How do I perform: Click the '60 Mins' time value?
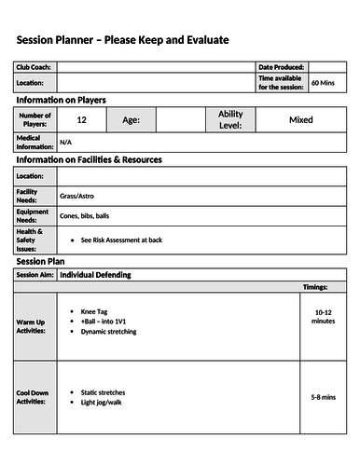click(323, 83)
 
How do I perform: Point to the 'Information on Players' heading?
click(61, 100)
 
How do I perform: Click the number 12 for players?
click(82, 119)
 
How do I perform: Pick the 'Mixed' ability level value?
click(300, 119)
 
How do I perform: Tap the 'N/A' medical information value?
click(65, 142)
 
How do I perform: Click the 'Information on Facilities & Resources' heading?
click(89, 159)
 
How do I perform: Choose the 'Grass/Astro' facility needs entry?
click(77, 196)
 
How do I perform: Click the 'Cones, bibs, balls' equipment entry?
click(84, 216)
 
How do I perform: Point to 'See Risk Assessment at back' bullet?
click(121, 240)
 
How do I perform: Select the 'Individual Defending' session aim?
click(95, 275)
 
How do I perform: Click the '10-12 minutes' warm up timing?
click(324, 318)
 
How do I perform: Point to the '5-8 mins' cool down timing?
click(324, 397)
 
